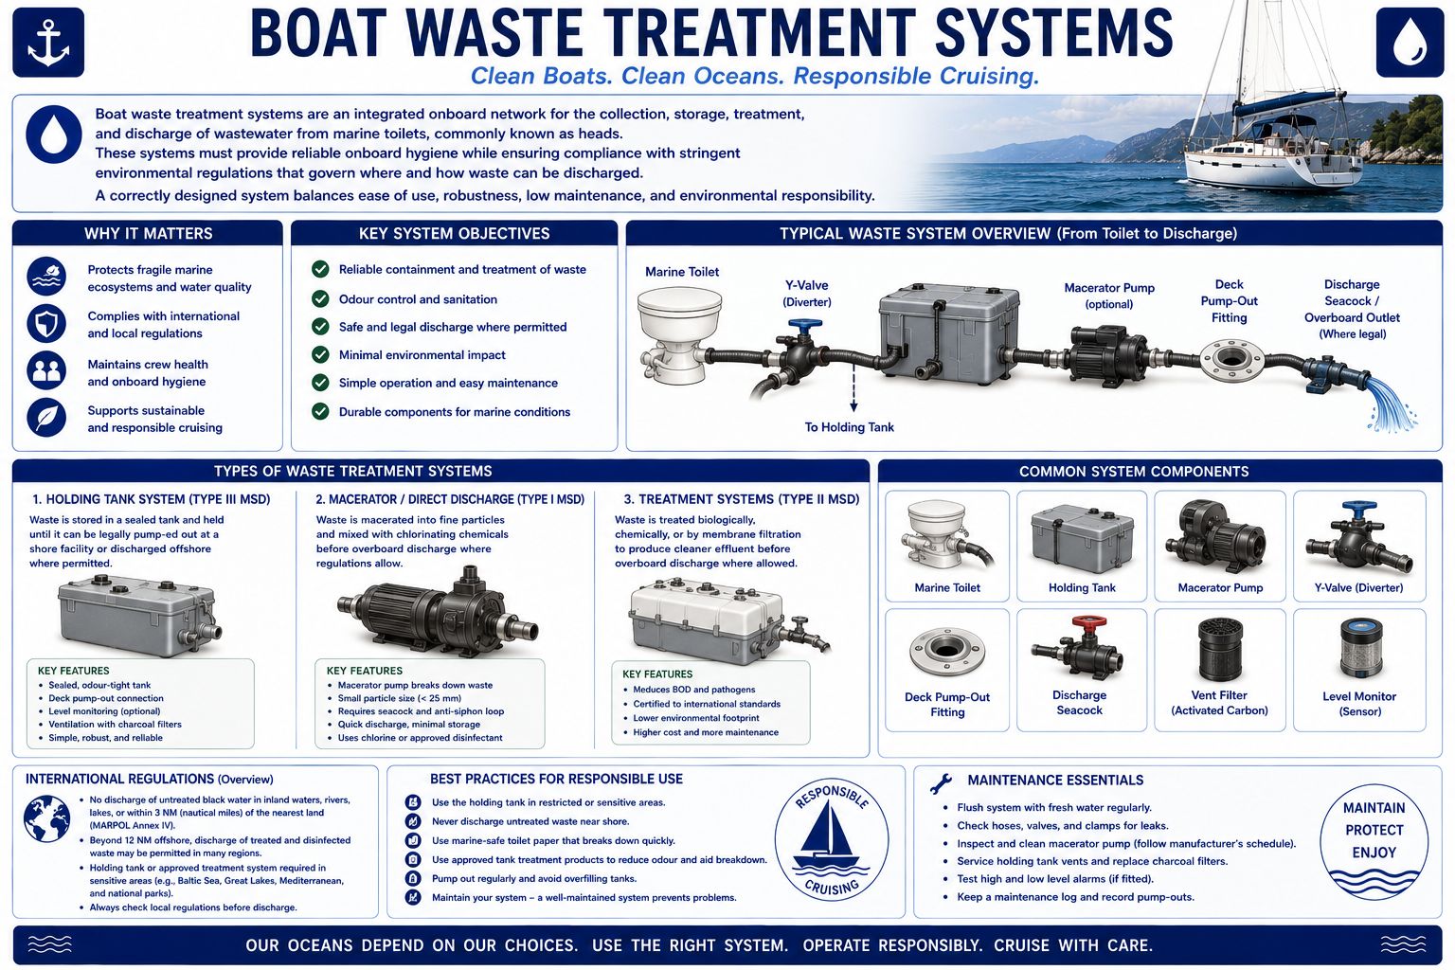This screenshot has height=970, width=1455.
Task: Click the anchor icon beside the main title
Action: coord(48,43)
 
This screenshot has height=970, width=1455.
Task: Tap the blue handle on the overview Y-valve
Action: coord(805,324)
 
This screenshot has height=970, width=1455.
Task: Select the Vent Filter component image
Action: coord(1220,649)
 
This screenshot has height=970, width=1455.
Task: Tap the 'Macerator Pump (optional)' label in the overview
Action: coord(1109,296)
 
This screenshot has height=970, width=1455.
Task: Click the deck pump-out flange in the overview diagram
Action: coord(1230,361)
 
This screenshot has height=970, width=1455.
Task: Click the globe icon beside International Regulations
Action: coord(46,818)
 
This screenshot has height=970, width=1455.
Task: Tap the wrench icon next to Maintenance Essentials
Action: coord(941,783)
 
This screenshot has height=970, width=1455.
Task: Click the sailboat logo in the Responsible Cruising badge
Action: coord(830,837)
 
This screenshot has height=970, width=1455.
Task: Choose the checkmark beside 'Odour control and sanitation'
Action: coord(320,298)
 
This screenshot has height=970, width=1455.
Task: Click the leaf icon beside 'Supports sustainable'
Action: coord(46,417)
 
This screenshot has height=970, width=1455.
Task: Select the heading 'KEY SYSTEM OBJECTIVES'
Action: coord(454,233)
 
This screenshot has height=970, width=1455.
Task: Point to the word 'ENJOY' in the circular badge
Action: coord(1374,853)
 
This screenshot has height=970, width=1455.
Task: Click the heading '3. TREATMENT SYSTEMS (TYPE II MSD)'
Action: coord(741,499)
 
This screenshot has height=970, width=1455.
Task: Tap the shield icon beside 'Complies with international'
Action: coord(46,324)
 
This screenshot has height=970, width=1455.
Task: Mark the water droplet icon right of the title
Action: coord(1410,43)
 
